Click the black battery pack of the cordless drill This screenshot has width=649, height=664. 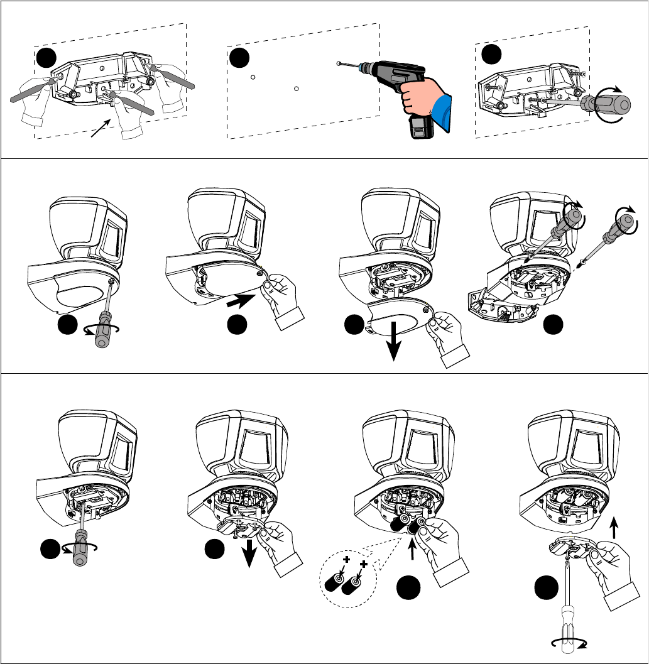(422, 128)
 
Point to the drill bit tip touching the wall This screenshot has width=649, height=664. (340, 63)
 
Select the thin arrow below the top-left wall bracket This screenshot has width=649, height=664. (99, 127)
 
